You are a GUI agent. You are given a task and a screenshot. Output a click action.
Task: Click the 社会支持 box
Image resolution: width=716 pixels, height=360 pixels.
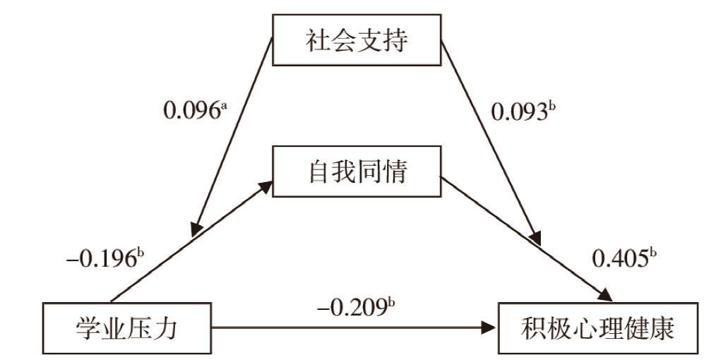pyautogui.click(x=357, y=41)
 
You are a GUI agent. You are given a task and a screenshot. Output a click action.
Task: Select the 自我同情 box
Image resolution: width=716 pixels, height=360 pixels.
pyautogui.click(x=357, y=172)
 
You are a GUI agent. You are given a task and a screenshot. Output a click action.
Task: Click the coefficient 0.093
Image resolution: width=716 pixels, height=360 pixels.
pyautogui.click(x=519, y=111)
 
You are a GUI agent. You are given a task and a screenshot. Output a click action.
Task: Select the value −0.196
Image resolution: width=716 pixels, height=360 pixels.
pyautogui.click(x=100, y=258)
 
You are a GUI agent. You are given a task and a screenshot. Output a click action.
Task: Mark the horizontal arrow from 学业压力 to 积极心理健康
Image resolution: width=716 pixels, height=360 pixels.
pyautogui.click(x=353, y=328)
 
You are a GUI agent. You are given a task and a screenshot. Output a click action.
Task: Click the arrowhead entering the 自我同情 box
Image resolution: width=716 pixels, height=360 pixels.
pyautogui.click(x=266, y=184)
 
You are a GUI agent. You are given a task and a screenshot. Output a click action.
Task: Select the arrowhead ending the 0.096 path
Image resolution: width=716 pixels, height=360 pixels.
pyautogui.click(x=195, y=229)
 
